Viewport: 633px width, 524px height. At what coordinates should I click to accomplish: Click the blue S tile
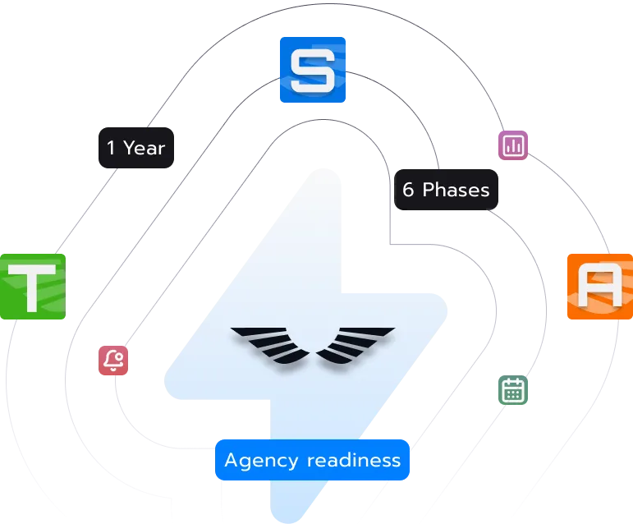pyautogui.click(x=313, y=69)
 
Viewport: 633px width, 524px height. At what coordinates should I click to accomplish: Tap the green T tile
pyautogui.click(x=31, y=285)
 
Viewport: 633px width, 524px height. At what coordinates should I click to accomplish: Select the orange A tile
pyautogui.click(x=600, y=286)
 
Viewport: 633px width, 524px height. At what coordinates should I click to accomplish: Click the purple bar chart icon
pyautogui.click(x=515, y=145)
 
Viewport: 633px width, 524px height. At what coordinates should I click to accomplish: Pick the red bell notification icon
pyautogui.click(x=113, y=361)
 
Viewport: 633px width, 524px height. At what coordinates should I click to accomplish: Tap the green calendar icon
pyautogui.click(x=513, y=390)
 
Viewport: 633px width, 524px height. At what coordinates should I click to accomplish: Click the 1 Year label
pyautogui.click(x=136, y=148)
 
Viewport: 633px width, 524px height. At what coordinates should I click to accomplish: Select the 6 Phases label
pyautogui.click(x=446, y=190)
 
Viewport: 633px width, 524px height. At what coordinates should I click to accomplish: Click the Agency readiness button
pyautogui.click(x=312, y=460)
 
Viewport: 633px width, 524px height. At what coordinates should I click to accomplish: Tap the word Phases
pyautogui.click(x=456, y=190)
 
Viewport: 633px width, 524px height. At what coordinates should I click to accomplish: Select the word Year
pyautogui.click(x=144, y=148)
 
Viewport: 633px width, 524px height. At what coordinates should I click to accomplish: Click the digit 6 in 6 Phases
pyautogui.click(x=408, y=190)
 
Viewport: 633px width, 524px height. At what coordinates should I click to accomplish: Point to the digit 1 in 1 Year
pyautogui.click(x=111, y=148)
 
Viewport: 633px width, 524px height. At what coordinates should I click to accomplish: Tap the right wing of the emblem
pyautogui.click(x=355, y=343)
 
